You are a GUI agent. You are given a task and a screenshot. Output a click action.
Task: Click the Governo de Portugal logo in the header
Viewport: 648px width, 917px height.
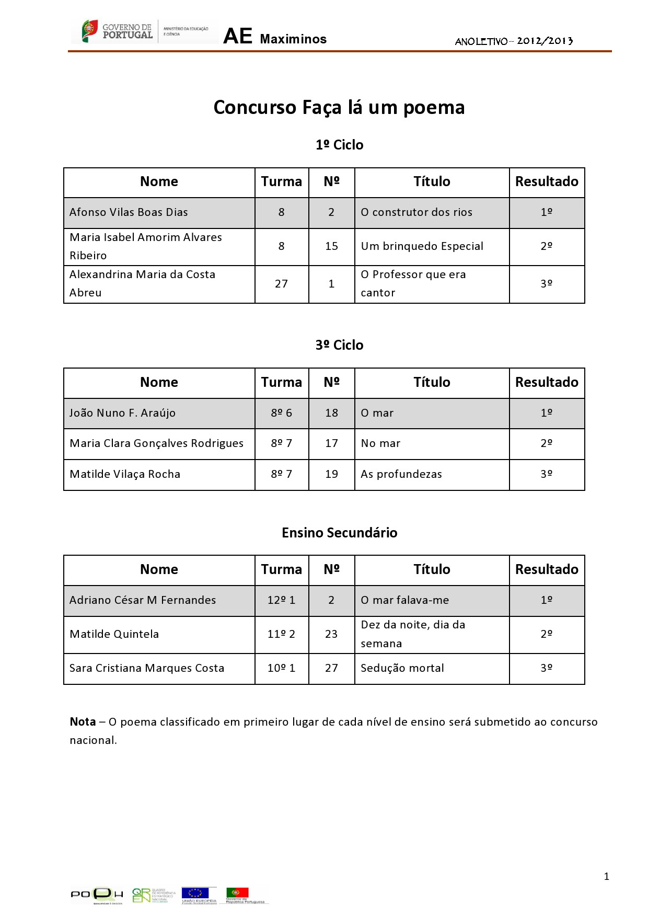click(x=118, y=31)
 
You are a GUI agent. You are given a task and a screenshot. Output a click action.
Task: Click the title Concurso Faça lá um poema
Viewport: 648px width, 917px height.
click(x=339, y=107)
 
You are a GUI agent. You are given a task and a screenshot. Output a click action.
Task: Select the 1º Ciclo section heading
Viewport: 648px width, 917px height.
click(x=339, y=145)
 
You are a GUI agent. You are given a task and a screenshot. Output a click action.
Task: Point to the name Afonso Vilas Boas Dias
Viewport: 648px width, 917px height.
click(x=129, y=212)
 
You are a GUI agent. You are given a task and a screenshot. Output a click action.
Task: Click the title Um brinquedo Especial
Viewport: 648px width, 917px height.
click(x=422, y=246)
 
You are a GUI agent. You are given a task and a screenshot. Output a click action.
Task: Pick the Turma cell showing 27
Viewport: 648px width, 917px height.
click(x=281, y=284)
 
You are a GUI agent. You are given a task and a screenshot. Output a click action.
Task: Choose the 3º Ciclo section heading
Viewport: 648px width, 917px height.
click(x=339, y=345)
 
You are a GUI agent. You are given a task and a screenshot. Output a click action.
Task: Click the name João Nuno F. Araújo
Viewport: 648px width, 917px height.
click(x=122, y=413)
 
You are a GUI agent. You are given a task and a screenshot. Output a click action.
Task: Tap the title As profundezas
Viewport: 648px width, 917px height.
click(x=401, y=474)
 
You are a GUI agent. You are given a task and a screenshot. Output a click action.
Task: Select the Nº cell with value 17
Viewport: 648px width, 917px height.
click(x=331, y=443)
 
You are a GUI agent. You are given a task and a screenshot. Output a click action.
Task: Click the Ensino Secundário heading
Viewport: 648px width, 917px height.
click(x=339, y=533)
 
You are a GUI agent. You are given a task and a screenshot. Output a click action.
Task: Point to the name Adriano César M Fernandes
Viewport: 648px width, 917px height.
click(x=143, y=600)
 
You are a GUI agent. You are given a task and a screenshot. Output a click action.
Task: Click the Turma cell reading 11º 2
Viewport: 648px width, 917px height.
click(x=281, y=634)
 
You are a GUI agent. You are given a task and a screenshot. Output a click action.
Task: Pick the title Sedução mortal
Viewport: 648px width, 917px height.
click(x=402, y=668)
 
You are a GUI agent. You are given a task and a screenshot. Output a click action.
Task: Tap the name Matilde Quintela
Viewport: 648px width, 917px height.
click(x=114, y=634)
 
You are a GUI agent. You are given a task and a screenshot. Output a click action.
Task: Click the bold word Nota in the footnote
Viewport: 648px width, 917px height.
click(x=83, y=722)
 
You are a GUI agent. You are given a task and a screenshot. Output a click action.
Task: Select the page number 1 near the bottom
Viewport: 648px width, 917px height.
click(x=606, y=876)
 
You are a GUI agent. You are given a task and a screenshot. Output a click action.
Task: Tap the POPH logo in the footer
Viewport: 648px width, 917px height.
click(x=97, y=895)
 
